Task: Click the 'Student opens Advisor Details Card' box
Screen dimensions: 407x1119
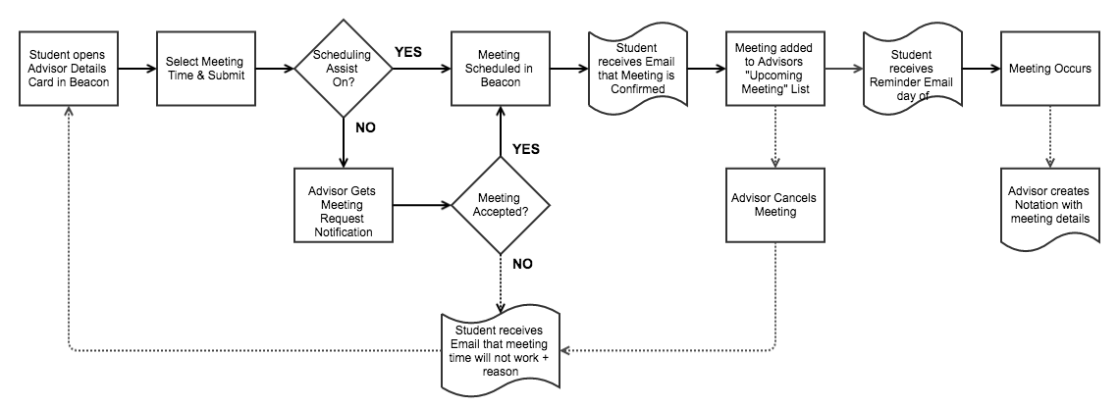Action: pyautogui.click(x=68, y=69)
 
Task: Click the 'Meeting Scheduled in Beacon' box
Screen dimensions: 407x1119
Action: pyautogui.click(x=500, y=69)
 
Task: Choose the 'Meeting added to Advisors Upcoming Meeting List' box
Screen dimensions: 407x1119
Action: pyautogui.click(x=774, y=69)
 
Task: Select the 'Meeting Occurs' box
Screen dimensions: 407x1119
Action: pyautogui.click(x=1049, y=69)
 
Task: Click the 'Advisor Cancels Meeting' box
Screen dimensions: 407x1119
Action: pyautogui.click(x=774, y=205)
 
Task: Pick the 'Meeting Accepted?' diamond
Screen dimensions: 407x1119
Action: pyautogui.click(x=500, y=206)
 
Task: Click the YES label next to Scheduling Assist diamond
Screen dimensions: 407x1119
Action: pyautogui.click(x=408, y=51)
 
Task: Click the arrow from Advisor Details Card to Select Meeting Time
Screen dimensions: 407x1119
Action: pyautogui.click(x=136, y=70)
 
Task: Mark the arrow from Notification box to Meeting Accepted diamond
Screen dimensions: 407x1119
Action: pyautogui.click(x=421, y=206)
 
